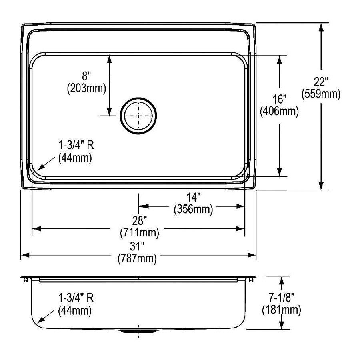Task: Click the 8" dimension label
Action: pyautogui.click(x=87, y=76)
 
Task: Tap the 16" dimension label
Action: pyautogui.click(x=279, y=99)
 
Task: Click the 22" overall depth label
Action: pyautogui.click(x=321, y=82)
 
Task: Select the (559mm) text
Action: pyautogui.click(x=321, y=94)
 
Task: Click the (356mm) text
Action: pyautogui.click(x=193, y=209)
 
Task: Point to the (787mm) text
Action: pyautogui.click(x=137, y=258)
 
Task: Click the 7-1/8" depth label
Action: pyautogui.click(x=281, y=297)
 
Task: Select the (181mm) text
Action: pyautogui.click(x=281, y=309)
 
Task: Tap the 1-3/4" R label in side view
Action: pyautogui.click(x=76, y=298)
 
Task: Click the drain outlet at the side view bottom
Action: pyautogui.click(x=138, y=331)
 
